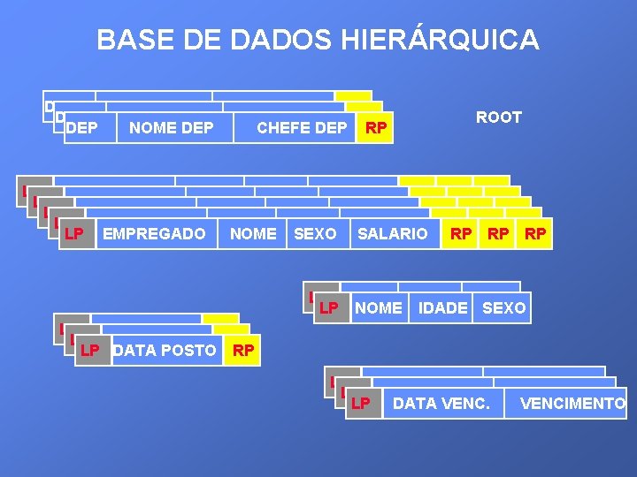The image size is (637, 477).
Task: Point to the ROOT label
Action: tap(499, 117)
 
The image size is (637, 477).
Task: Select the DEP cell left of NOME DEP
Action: tap(82, 128)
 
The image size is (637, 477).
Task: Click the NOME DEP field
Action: tap(172, 128)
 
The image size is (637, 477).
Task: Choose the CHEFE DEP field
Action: tap(301, 128)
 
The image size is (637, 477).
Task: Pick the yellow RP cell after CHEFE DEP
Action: tap(376, 128)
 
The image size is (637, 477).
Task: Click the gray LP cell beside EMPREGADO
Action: tap(75, 234)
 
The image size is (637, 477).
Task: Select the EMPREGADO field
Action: tap(154, 234)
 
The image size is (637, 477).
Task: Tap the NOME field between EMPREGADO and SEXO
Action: tap(253, 234)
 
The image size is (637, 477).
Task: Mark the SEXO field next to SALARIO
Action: tap(315, 234)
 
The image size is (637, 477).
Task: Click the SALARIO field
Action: tap(392, 234)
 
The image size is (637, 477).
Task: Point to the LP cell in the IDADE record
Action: tap(330, 308)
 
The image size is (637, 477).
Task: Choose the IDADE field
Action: tap(442, 308)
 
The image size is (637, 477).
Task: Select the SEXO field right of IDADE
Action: tap(503, 308)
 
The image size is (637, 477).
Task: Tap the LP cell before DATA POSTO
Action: tap(89, 351)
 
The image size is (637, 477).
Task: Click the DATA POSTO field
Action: tap(165, 351)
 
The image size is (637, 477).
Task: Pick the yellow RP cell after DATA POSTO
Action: tap(243, 351)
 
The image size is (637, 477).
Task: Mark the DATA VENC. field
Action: tap(441, 404)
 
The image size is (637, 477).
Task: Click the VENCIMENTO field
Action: tap(572, 404)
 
